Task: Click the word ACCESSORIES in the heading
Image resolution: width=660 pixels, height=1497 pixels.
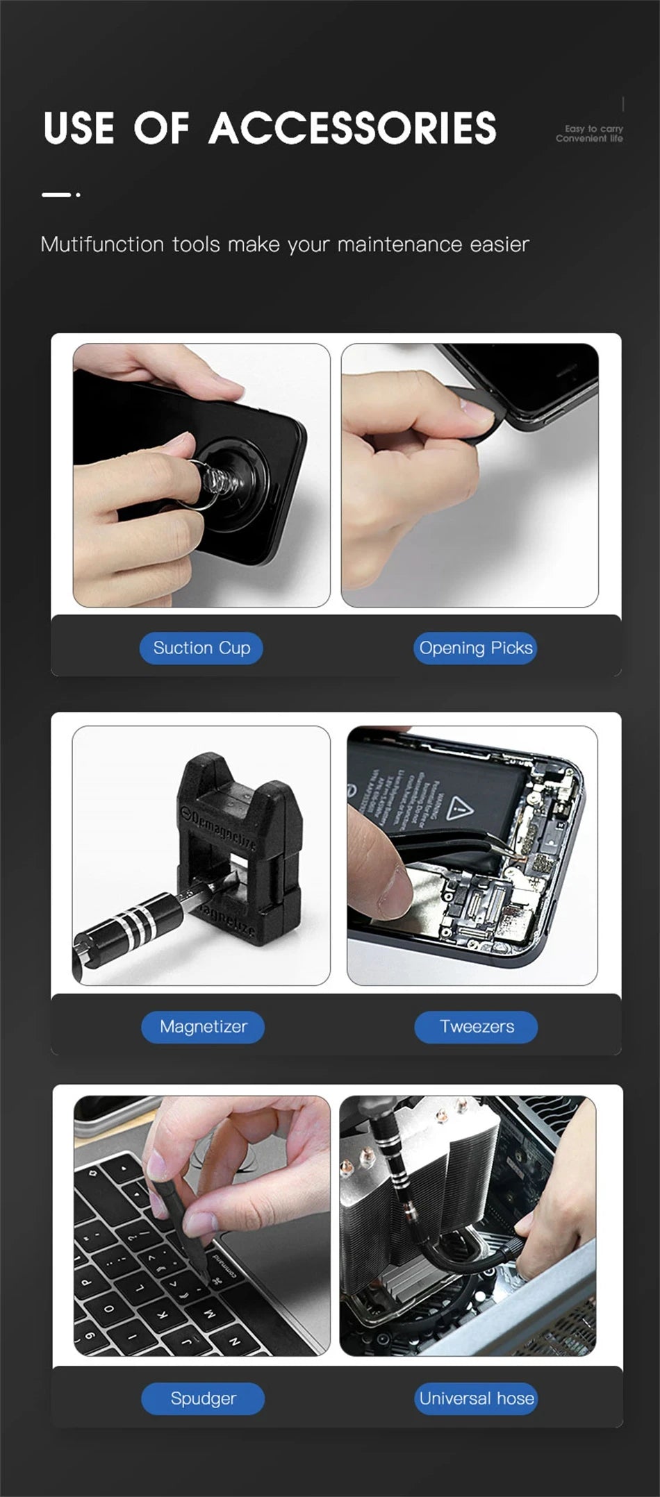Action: [x=352, y=128]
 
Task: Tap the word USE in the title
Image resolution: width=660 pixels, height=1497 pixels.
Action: [x=79, y=128]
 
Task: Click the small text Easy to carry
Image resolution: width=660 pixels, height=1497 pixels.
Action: [x=593, y=128]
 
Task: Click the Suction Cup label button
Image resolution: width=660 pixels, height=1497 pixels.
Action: [x=201, y=648]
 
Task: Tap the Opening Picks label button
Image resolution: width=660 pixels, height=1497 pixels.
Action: [x=476, y=648]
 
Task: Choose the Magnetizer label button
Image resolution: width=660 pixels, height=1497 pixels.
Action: [x=203, y=1027]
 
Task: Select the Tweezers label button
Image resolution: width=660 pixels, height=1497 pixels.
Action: [x=477, y=1027]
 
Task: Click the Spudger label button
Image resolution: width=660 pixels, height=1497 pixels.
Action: [x=203, y=1398]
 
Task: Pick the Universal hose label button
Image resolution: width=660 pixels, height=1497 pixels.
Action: [x=477, y=1398]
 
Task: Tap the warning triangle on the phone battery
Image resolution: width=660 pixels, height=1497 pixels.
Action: [x=459, y=808]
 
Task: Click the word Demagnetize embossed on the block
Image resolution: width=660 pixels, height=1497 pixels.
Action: [x=220, y=830]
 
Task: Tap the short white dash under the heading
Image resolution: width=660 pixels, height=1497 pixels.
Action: [x=56, y=194]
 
